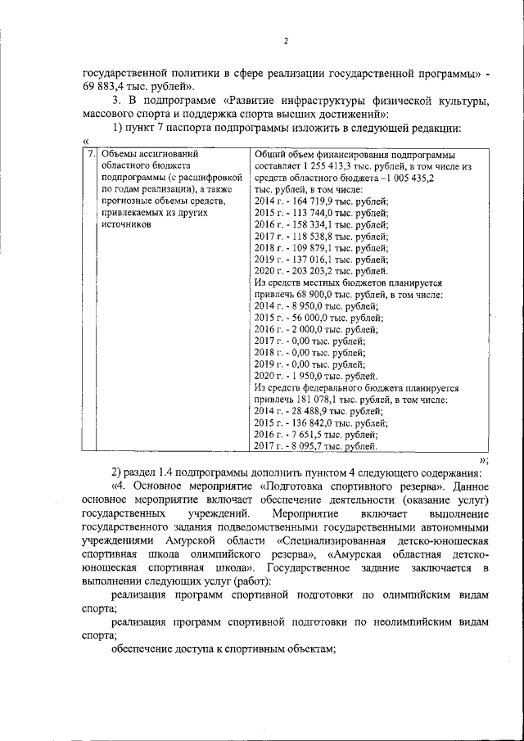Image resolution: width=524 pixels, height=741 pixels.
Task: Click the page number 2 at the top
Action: coord(286,42)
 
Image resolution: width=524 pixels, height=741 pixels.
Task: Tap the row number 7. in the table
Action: coord(90,153)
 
